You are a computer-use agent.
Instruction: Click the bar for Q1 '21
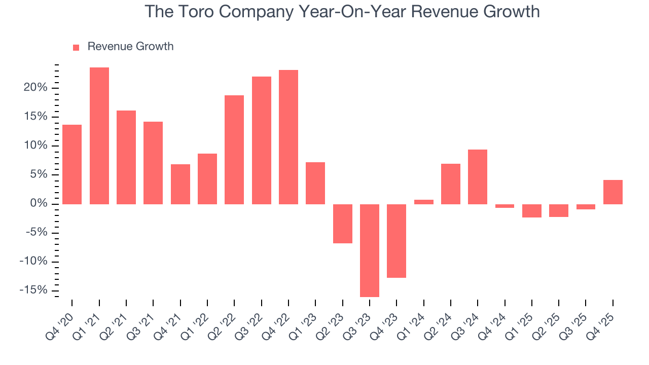coord(99,136)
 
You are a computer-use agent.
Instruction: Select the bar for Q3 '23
coord(370,250)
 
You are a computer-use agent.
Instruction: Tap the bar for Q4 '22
coord(289,137)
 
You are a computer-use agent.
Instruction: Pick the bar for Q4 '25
coord(613,192)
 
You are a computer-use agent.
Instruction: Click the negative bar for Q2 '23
coord(343,224)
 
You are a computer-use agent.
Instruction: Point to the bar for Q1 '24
coord(424,202)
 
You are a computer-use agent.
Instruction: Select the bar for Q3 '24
coord(478,177)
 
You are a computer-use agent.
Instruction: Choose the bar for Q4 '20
coord(72,164)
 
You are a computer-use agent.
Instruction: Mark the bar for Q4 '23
coord(396,241)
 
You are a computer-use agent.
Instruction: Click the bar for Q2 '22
coord(234,150)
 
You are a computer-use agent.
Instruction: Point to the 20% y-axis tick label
coord(35,88)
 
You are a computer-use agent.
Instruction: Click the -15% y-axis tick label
coord(33,290)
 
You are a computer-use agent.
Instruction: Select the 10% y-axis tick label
coord(35,146)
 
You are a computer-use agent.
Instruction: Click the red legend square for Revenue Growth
coord(76,47)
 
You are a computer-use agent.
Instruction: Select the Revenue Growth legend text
coord(130,47)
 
